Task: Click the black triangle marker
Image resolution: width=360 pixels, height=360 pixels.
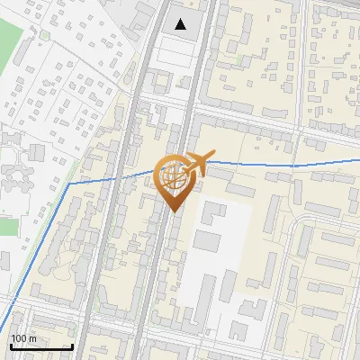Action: [182, 24]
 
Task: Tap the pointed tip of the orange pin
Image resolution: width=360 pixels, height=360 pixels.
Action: [174, 211]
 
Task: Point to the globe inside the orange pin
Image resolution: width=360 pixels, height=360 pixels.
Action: [173, 175]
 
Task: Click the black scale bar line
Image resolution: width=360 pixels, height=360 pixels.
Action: [41, 346]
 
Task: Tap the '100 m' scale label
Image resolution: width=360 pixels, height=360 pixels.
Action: [24, 338]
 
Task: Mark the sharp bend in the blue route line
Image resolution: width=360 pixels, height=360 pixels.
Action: [70, 184]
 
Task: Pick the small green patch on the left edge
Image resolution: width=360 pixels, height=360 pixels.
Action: [8, 226]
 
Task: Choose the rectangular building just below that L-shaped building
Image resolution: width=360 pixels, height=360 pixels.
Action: [206, 241]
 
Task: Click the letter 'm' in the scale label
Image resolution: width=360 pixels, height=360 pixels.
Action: [33, 338]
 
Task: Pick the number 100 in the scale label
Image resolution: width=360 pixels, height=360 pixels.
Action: [20, 338]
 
